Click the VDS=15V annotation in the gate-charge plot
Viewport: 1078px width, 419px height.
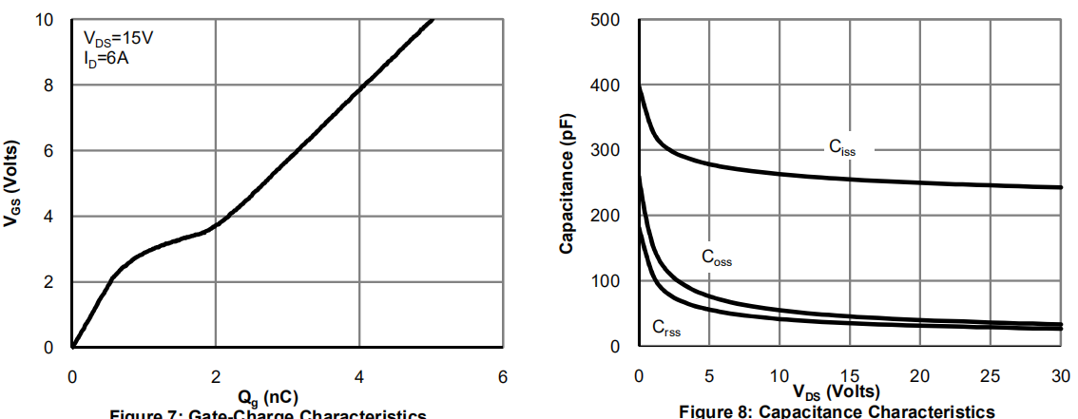(x=118, y=41)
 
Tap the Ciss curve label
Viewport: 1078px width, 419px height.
(x=841, y=146)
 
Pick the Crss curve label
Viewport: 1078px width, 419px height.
(x=666, y=328)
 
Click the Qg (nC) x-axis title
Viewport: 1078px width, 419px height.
(x=286, y=398)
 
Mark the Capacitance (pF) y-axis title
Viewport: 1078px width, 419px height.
(x=567, y=182)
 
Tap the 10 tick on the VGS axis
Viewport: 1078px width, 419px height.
(x=46, y=20)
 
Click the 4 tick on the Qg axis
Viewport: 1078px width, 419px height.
(x=359, y=376)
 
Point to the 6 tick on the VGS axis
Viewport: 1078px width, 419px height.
(x=49, y=151)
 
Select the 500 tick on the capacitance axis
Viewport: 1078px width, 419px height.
(x=605, y=20)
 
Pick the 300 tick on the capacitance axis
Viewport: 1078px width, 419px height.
(x=605, y=151)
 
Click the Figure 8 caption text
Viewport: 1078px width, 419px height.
(x=837, y=410)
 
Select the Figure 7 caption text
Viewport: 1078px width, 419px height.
(x=267, y=414)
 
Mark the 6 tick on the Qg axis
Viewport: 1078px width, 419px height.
(x=503, y=376)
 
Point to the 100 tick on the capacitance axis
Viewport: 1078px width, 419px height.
(x=605, y=282)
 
